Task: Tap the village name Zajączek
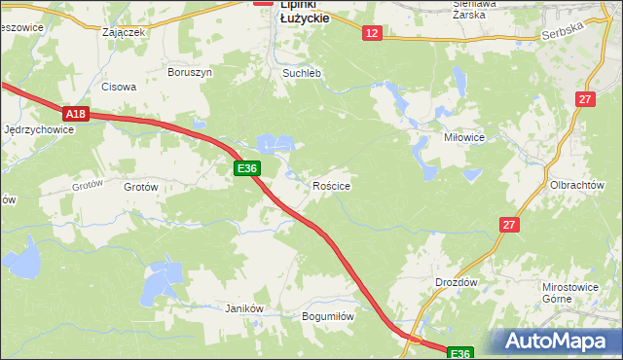pyautogui.click(x=124, y=31)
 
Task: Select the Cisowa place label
pyautogui.click(x=119, y=86)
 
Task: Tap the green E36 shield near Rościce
pyautogui.click(x=247, y=168)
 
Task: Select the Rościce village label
pyautogui.click(x=331, y=185)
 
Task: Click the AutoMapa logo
pyautogui.click(x=558, y=342)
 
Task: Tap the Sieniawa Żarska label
pyautogui.click(x=475, y=10)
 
